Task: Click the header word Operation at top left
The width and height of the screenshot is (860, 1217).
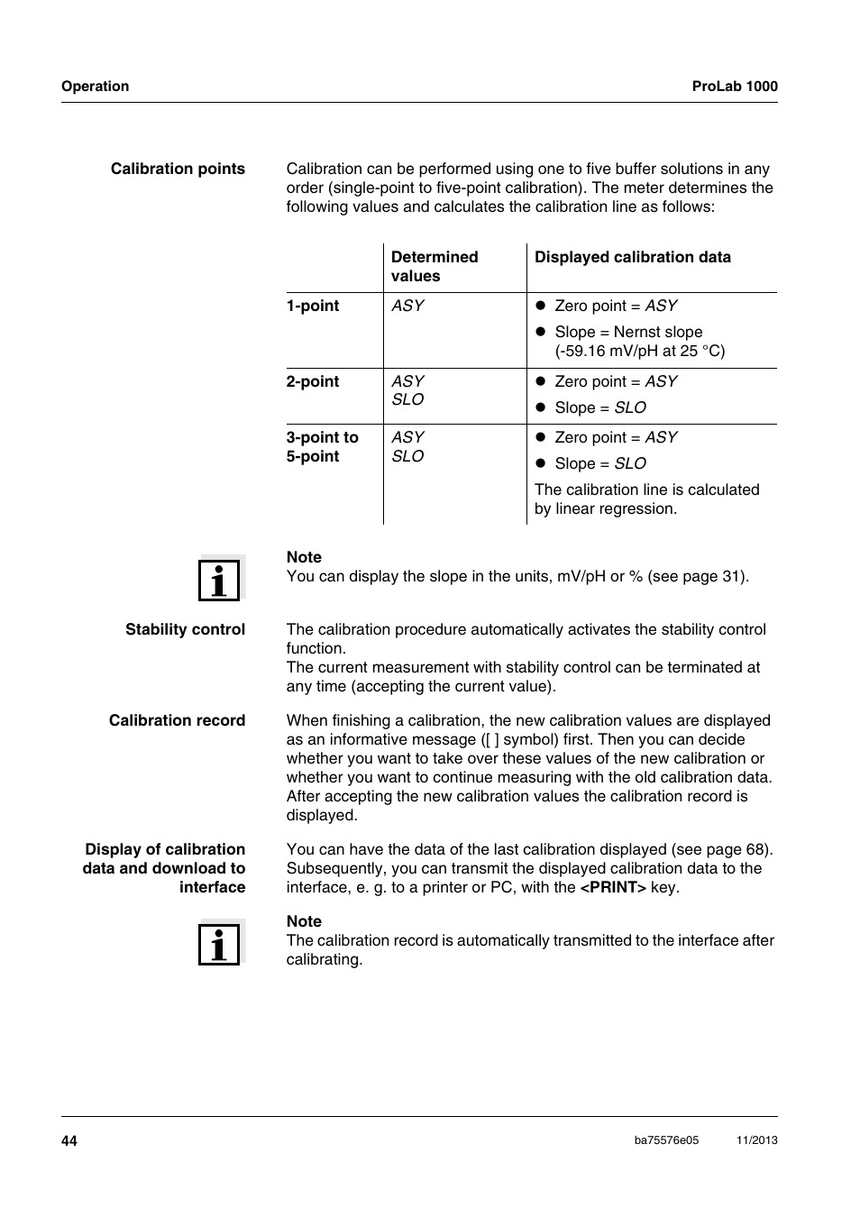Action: (x=95, y=87)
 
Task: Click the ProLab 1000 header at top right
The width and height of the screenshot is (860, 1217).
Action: (x=734, y=87)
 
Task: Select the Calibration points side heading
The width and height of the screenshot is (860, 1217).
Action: (x=178, y=169)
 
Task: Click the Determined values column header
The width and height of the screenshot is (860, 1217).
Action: (x=434, y=267)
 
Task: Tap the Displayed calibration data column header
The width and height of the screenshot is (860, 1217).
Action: (x=632, y=257)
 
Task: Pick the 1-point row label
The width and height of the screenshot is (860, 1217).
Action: (x=313, y=306)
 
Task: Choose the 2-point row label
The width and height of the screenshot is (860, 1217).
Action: (x=313, y=381)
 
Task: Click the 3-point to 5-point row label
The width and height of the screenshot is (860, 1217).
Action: (x=322, y=447)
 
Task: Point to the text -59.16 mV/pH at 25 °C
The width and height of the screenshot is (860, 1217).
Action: (x=639, y=351)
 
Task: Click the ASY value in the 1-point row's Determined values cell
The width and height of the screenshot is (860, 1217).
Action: (x=407, y=306)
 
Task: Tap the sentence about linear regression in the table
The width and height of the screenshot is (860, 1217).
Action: (x=646, y=499)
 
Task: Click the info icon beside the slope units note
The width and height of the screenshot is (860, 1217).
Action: (x=220, y=579)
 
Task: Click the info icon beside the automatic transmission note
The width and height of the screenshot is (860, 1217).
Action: (x=220, y=943)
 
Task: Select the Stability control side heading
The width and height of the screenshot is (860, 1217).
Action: (x=185, y=629)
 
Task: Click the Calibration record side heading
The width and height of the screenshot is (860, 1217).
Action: (x=177, y=720)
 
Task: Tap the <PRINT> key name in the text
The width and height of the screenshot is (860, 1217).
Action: (x=613, y=887)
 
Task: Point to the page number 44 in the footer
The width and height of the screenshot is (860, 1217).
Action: (x=69, y=1140)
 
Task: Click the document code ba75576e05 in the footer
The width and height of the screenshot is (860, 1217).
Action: (x=666, y=1140)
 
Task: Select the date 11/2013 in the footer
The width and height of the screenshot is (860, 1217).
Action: (x=756, y=1140)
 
